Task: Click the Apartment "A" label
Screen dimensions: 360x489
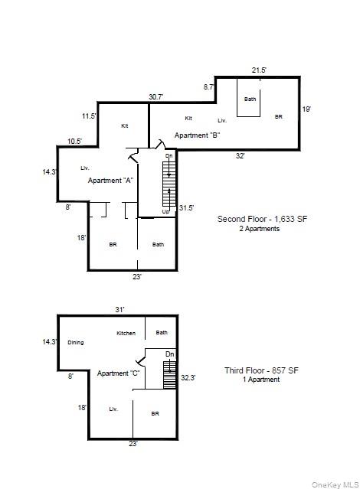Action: [110, 181]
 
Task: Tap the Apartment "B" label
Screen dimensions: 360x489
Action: [198, 135]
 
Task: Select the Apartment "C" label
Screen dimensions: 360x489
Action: [118, 373]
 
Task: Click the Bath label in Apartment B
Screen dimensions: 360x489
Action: [250, 99]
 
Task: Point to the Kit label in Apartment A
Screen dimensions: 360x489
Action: [125, 126]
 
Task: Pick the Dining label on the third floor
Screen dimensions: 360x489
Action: [76, 342]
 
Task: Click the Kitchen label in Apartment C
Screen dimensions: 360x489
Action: [126, 333]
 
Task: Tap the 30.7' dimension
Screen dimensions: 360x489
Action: [156, 97]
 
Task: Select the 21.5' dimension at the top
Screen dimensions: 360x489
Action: [259, 70]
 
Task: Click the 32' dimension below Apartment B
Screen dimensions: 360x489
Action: [240, 155]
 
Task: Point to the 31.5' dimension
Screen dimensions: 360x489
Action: [186, 207]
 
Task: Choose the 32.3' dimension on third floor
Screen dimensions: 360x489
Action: [188, 378]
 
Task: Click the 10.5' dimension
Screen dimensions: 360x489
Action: [75, 142]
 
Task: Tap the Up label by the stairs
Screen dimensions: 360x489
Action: [165, 211]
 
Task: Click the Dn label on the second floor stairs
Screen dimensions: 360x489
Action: [169, 155]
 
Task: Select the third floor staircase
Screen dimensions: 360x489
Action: [170, 375]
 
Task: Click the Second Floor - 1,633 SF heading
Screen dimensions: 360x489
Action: [262, 219]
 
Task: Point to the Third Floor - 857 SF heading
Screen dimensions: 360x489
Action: [262, 370]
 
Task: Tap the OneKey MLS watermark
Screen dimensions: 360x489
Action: [335, 484]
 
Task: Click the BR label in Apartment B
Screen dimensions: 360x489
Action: [279, 116]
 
